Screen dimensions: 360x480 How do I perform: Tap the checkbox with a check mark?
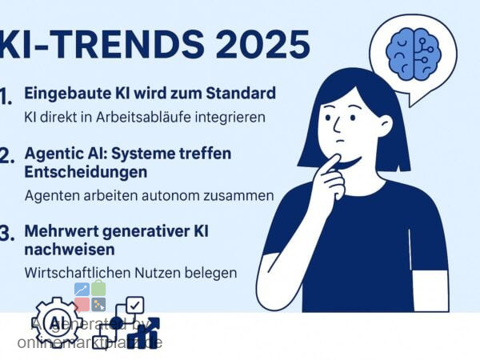[x=135, y=305]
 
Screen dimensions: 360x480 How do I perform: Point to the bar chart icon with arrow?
[x=144, y=334]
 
